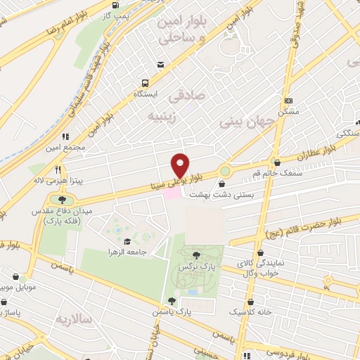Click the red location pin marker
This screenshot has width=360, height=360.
(x=180, y=165)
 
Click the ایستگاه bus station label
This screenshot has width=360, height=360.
(x=146, y=93)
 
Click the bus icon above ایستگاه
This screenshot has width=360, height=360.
(x=144, y=82)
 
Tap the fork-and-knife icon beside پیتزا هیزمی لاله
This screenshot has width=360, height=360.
(x=60, y=169)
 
